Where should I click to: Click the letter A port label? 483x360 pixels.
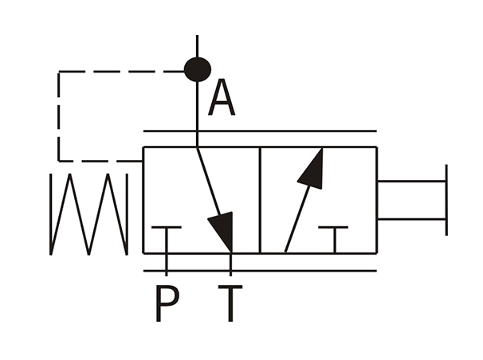tap(222, 97)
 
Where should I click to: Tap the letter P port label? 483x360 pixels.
tap(167, 303)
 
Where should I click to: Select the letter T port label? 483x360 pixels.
tap(230, 303)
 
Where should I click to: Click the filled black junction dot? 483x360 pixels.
tap(198, 70)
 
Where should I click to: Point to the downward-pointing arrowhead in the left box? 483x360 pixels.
tap(223, 229)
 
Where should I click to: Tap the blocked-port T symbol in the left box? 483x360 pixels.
tap(167, 240)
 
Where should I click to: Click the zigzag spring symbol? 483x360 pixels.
tap(88, 214)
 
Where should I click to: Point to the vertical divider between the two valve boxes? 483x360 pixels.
tap(261, 200)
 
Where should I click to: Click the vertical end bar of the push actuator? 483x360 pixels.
tap(446, 200)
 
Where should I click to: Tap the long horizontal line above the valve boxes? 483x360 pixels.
tap(260, 131)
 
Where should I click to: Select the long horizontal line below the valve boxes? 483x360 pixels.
tap(260, 271)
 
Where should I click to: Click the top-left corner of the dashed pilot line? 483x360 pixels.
tap(59, 72)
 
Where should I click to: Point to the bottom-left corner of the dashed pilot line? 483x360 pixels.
tap(59, 161)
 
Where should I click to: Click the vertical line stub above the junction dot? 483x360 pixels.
tap(197, 46)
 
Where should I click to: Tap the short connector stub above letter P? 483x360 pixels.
tap(167, 264)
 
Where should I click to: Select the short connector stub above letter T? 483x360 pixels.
tap(230, 264)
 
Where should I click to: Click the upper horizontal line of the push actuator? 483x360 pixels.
tap(411, 182)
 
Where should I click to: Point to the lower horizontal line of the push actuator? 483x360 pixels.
tap(411, 219)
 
